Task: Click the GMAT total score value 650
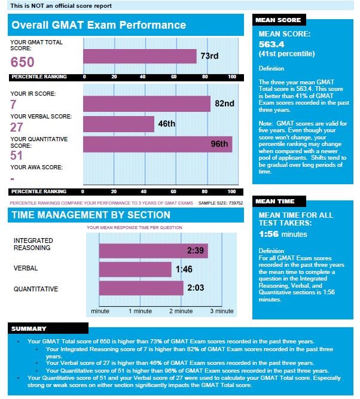click(x=23, y=62)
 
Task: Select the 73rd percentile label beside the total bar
click(x=209, y=56)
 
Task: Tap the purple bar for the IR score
click(x=147, y=104)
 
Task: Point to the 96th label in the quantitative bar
click(x=219, y=144)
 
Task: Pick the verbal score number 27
click(x=17, y=127)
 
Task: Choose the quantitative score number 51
click(x=17, y=156)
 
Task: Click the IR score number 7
click(x=14, y=105)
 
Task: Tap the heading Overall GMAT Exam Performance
click(x=99, y=25)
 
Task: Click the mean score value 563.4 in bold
click(x=273, y=44)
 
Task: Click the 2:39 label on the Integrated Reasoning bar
click(x=196, y=250)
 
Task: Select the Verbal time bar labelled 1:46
click(x=135, y=269)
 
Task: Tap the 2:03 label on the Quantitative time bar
click(x=196, y=288)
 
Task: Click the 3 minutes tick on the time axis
click(x=221, y=311)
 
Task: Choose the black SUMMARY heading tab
click(x=29, y=329)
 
